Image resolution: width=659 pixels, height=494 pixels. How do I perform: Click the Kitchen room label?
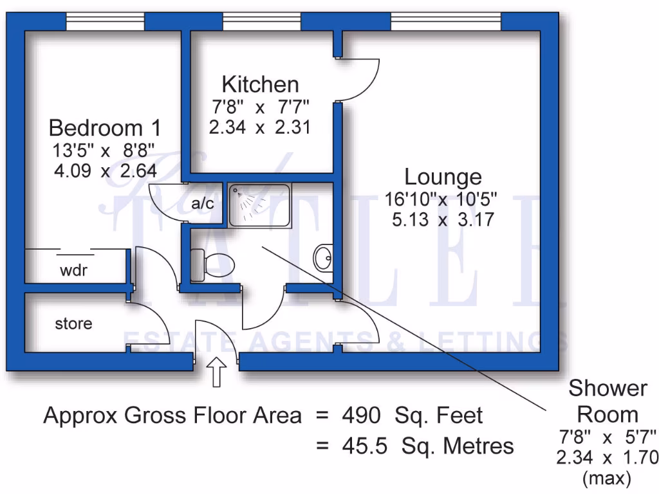pyautogui.click(x=260, y=84)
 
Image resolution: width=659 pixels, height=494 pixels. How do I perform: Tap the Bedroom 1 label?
pyautogui.click(x=105, y=127)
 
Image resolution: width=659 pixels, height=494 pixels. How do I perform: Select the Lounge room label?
pyautogui.click(x=442, y=176)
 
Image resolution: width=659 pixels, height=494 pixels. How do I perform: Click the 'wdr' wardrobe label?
pyautogui.click(x=73, y=271)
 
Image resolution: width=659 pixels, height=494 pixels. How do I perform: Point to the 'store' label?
pyautogui.click(x=73, y=324)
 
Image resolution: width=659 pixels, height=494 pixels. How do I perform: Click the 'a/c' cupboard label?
pyautogui.click(x=203, y=203)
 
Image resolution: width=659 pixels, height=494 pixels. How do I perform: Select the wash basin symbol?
pyautogui.click(x=323, y=259)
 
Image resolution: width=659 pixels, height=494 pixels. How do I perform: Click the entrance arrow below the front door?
pyautogui.click(x=216, y=372)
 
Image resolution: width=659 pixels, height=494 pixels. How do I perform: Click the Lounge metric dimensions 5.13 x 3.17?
pyautogui.click(x=442, y=220)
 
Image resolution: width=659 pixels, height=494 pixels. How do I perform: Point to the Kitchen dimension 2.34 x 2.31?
pyautogui.click(x=260, y=127)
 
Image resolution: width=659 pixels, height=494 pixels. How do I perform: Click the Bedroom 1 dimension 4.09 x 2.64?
pyautogui.click(x=105, y=171)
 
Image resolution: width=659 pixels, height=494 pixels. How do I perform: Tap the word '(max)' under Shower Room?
pyautogui.click(x=607, y=479)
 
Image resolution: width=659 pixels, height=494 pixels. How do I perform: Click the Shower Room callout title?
pyautogui.click(x=607, y=401)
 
